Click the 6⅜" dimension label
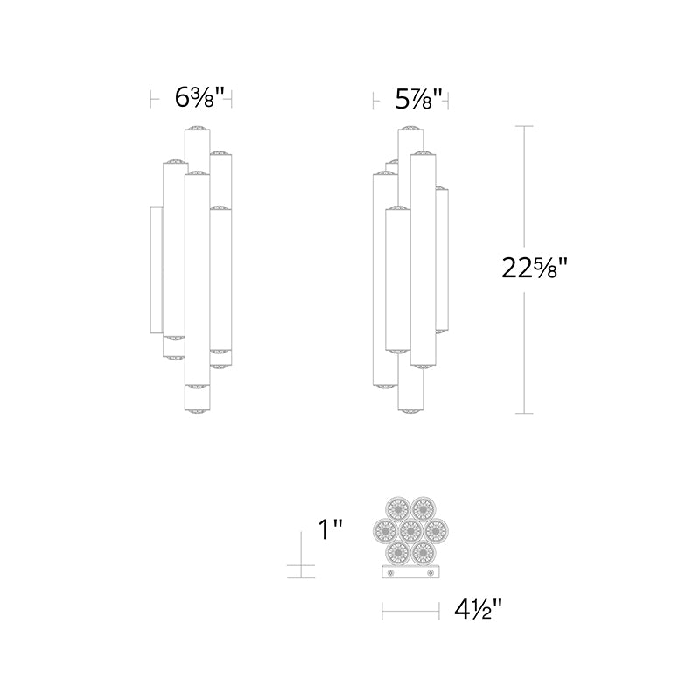199,97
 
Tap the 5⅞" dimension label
419,99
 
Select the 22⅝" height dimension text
535,269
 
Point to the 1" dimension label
330,529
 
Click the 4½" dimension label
478,608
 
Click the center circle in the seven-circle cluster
410,530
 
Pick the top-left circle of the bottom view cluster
398,508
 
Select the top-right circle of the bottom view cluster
423,508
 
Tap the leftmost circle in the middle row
385,530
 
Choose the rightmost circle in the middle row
436,530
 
